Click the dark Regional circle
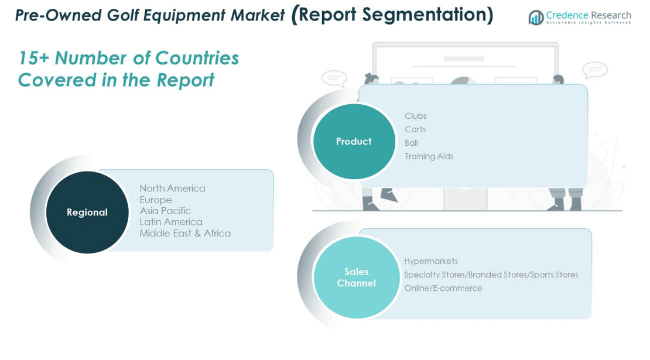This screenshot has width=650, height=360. pos(87,212)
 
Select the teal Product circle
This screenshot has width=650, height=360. pos(354,142)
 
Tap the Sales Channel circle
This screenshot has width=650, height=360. pos(356,277)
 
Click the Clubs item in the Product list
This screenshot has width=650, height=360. pos(415,116)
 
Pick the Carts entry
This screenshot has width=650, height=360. pos(415,129)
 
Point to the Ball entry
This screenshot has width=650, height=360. pos(411,143)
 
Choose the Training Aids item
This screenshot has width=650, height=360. pos(429,156)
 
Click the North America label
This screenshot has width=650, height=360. pos(172,188)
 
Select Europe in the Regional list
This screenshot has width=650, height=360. pos(155,200)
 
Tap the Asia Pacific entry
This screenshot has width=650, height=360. pos(165,211)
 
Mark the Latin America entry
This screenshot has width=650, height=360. pos(171,222)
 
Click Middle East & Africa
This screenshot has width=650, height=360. pos(185,233)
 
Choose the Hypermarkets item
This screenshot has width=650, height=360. pos(431,261)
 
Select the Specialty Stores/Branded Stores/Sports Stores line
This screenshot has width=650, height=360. pos(491,275)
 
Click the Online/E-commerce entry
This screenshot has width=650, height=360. pos(443,288)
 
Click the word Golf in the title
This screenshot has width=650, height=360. pos(127,15)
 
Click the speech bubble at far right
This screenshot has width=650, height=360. pos(594,70)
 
